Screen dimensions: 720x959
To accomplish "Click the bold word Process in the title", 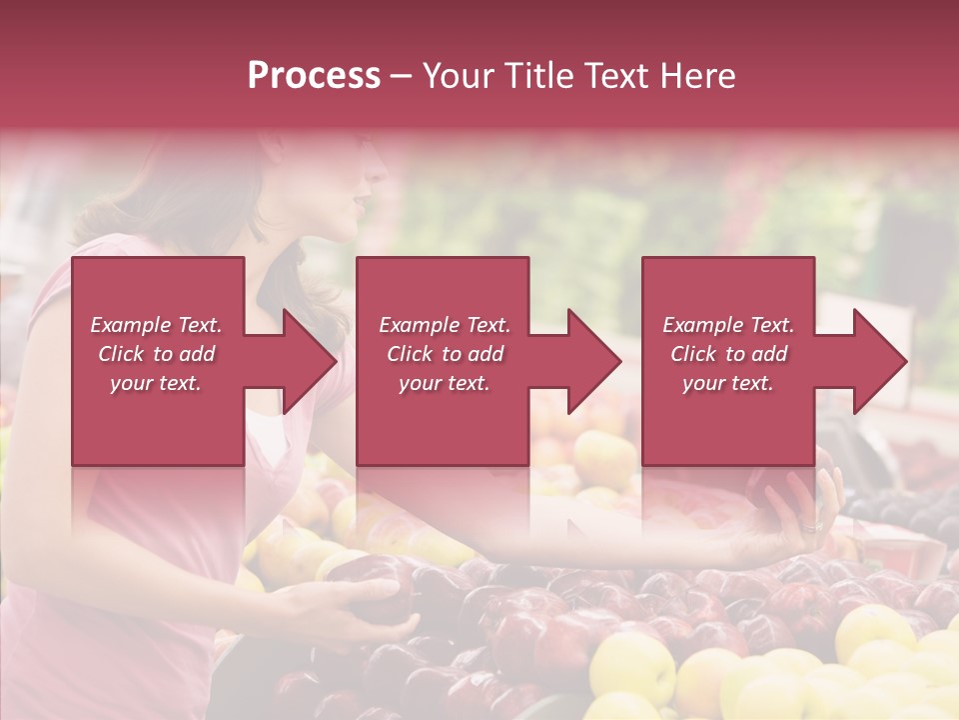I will [x=314, y=76].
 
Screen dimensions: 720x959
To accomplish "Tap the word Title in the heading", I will [x=539, y=76].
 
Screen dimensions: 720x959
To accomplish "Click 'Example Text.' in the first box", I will [x=156, y=325].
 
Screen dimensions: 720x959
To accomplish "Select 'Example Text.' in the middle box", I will [x=445, y=325].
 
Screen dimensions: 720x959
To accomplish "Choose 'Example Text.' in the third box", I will [x=728, y=325].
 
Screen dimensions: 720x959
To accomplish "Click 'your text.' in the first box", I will [x=156, y=383].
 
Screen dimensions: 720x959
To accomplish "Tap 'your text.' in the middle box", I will [x=445, y=383].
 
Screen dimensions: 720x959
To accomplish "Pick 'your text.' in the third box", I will [x=728, y=383].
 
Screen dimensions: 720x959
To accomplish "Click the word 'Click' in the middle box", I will [x=410, y=354].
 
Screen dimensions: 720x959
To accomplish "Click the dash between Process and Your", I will [x=402, y=76].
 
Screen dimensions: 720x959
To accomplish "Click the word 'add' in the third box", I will [x=770, y=354].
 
